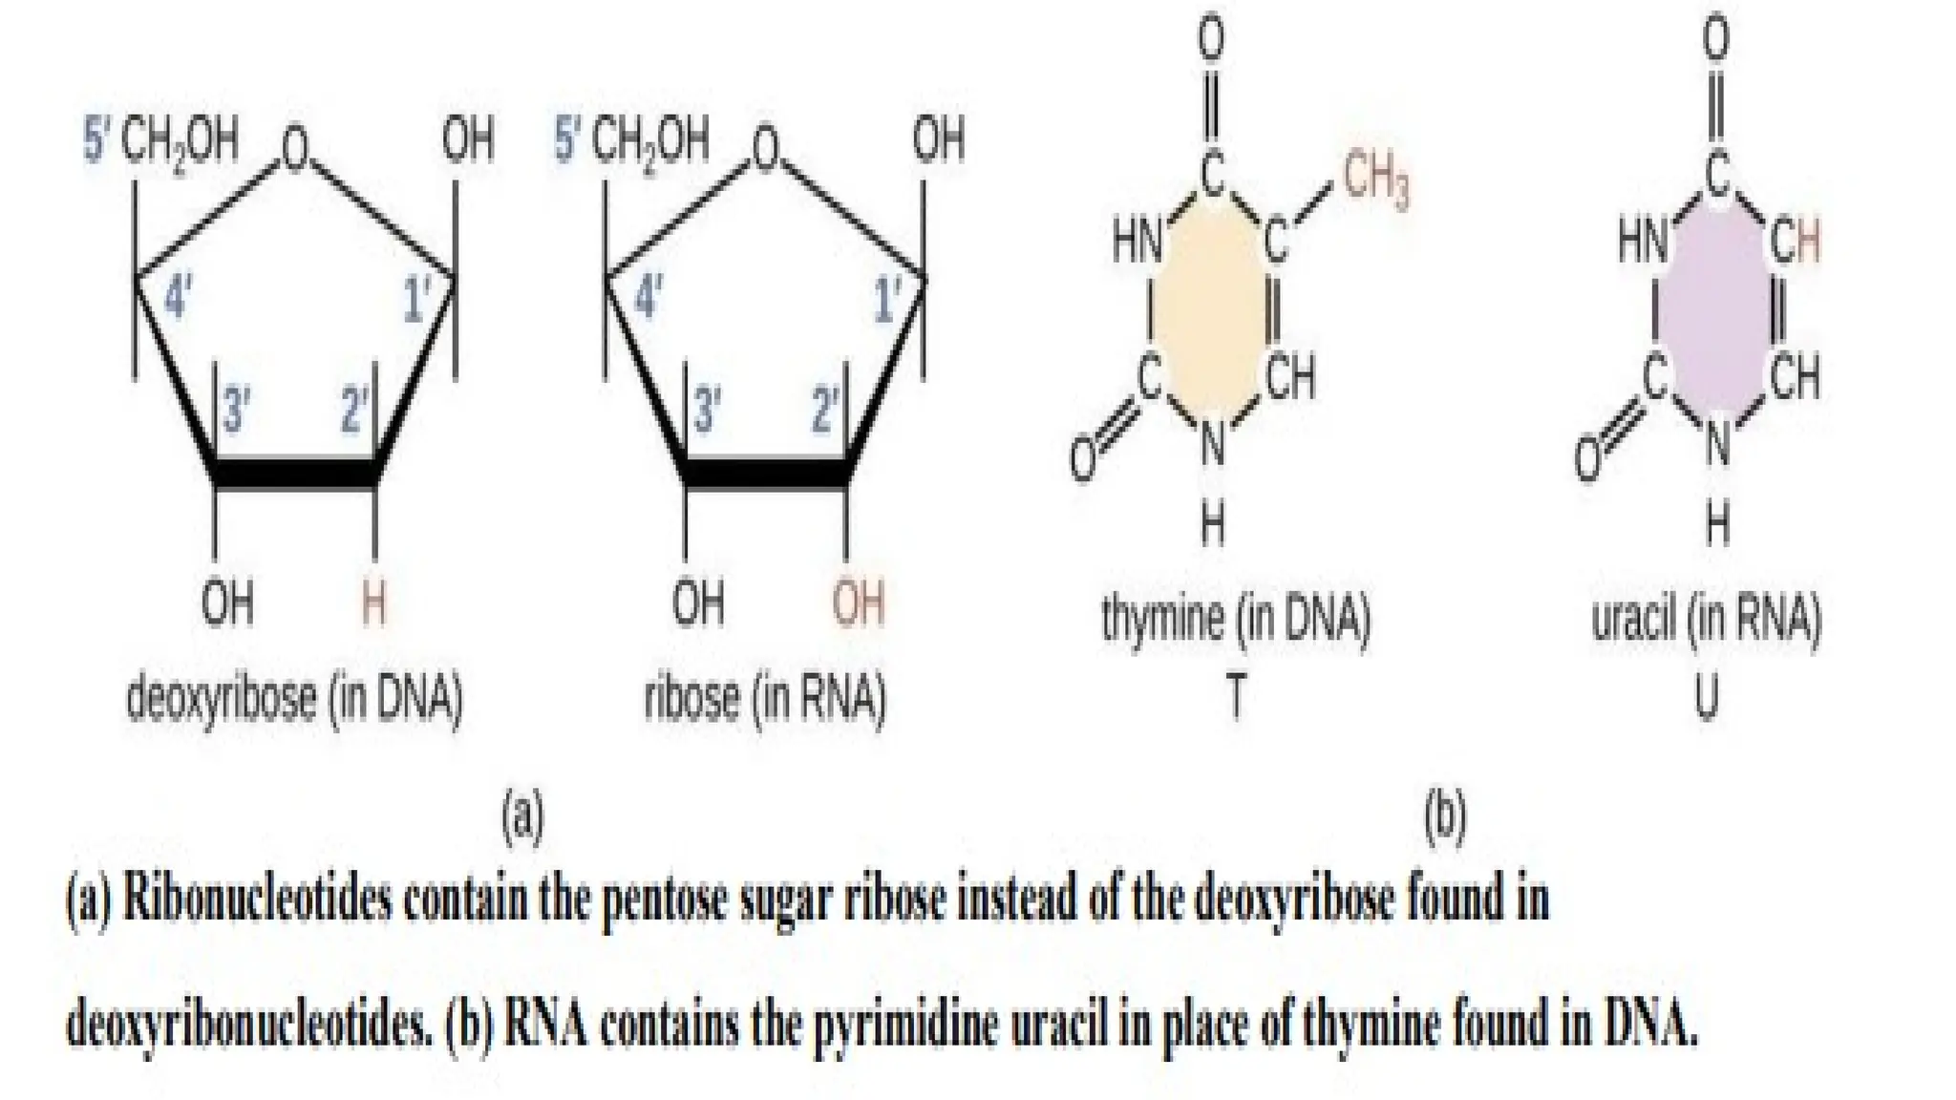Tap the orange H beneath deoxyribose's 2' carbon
coord(373,603)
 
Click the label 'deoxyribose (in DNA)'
coord(294,699)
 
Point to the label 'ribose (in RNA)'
coord(765,699)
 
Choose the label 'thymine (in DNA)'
coord(1236,620)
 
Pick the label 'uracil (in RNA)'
coord(1707,620)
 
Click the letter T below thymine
coord(1235,699)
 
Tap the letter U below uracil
coord(1707,699)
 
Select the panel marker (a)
coord(522,817)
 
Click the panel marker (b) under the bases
coord(1444,817)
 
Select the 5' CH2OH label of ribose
coord(632,141)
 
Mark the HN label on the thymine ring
coord(1137,241)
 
